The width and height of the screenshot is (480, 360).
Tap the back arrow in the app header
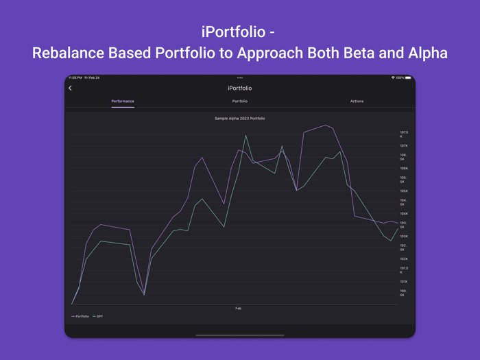70,88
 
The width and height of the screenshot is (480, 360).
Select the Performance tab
123,101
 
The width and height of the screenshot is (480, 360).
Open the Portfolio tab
240,101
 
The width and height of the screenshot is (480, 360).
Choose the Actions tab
357,101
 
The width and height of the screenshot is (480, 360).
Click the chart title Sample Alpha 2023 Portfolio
240,119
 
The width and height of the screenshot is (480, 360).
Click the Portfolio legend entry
81,316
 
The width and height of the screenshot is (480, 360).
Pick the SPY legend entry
98,316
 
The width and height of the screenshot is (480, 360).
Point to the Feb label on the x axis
239,309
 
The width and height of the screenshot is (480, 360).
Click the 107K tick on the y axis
404,146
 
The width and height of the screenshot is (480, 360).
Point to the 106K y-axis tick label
404,169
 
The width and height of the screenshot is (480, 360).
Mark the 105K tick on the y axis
404,191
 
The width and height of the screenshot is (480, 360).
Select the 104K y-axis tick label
404,214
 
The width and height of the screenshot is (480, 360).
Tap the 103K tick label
404,237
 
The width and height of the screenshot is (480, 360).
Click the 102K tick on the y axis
404,259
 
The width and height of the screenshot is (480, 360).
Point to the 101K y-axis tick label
404,282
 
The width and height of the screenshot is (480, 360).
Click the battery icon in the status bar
408,78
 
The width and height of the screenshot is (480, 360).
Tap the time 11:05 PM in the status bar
75,78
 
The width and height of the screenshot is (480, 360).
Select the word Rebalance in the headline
68,53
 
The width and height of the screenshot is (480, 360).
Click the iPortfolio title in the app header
240,88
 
